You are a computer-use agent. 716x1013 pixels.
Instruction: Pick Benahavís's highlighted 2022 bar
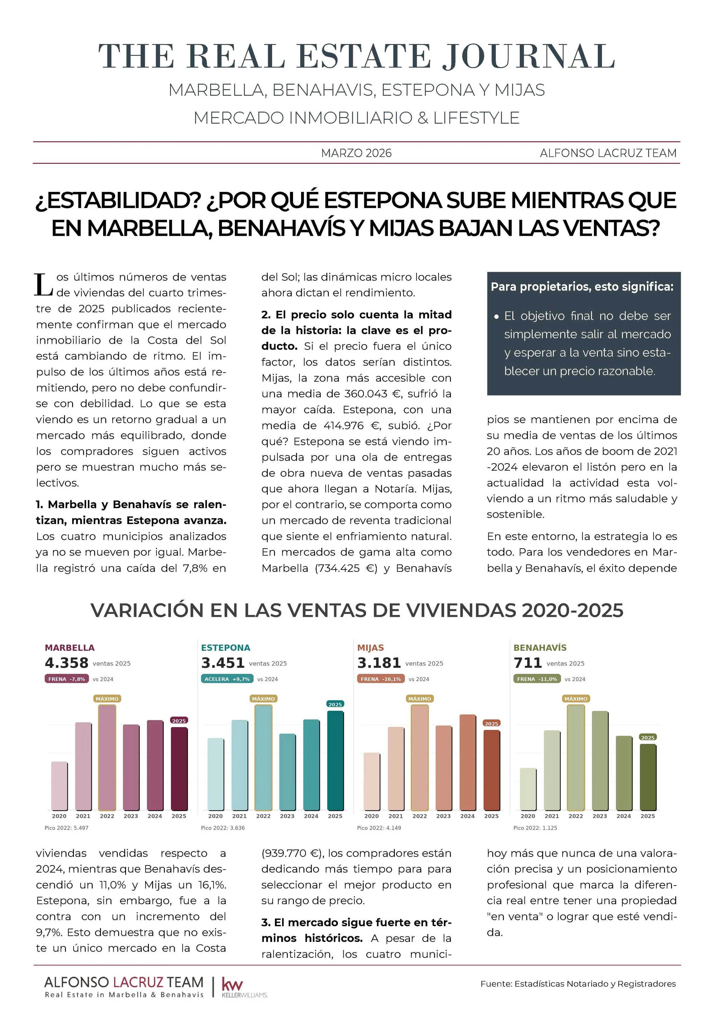click(x=576, y=757)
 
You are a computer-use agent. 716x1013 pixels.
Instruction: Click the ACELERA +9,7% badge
click(x=227, y=679)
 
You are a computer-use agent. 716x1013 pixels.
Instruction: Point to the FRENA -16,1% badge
click(x=381, y=679)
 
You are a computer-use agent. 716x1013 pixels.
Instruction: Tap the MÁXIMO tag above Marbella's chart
click(x=107, y=699)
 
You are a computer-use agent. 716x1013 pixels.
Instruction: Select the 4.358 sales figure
click(x=67, y=663)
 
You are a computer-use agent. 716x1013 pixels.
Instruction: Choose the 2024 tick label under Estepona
click(x=311, y=816)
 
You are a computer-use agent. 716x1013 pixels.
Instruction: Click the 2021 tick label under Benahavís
click(x=552, y=816)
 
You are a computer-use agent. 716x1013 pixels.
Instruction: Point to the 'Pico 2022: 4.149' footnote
click(x=379, y=828)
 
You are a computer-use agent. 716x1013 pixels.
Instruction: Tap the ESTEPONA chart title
click(x=225, y=648)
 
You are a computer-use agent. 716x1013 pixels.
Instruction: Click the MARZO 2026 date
click(x=357, y=153)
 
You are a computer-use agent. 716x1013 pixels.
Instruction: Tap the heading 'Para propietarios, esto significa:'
click(x=582, y=287)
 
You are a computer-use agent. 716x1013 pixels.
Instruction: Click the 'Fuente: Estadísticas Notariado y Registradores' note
click(x=578, y=984)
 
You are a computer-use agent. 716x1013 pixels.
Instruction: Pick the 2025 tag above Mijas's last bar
click(x=491, y=724)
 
